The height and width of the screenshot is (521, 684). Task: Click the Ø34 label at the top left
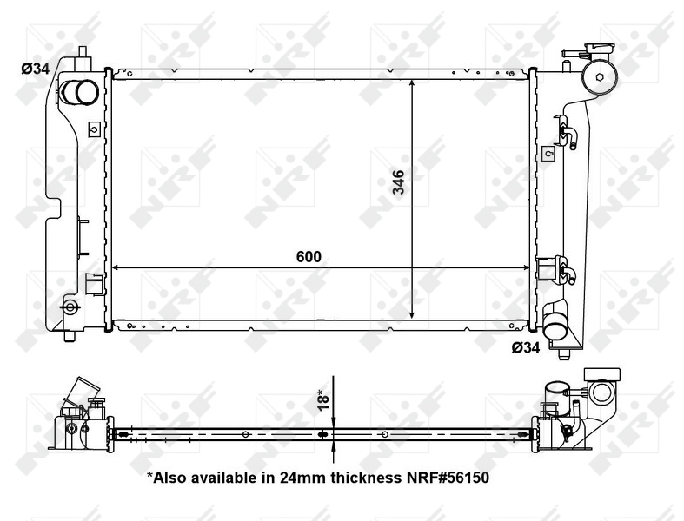pyautogui.click(x=35, y=69)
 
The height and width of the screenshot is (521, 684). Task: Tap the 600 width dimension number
pyautogui.click(x=309, y=256)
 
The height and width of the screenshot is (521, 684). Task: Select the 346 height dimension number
pyautogui.click(x=398, y=184)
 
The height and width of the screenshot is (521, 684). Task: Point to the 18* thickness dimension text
pyautogui.click(x=321, y=400)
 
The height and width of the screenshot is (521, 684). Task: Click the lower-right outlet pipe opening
pyautogui.click(x=554, y=331)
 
